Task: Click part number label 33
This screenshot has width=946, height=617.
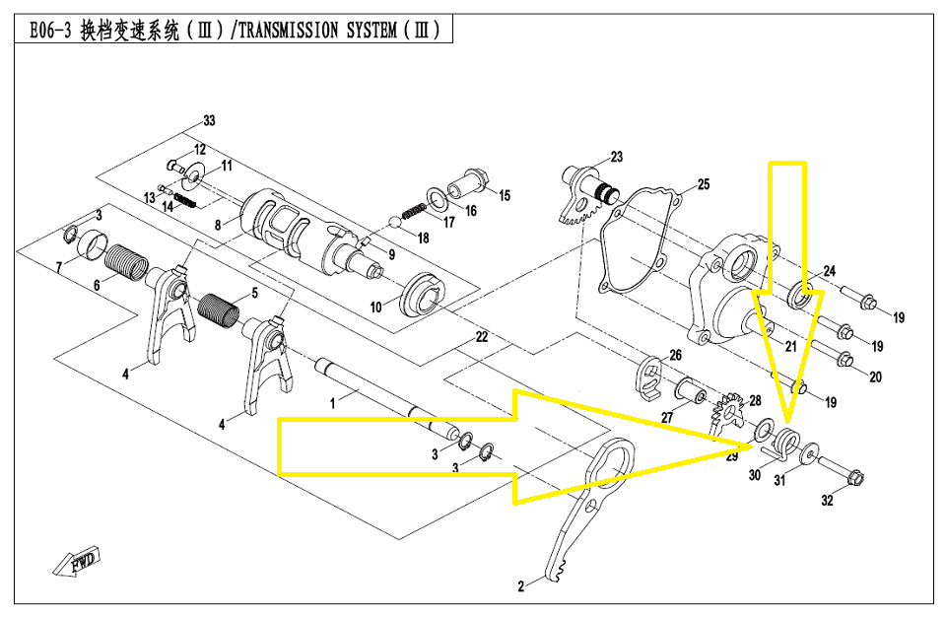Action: (x=208, y=121)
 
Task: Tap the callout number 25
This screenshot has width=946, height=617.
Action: (x=703, y=184)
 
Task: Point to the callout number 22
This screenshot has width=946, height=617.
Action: (x=481, y=337)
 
